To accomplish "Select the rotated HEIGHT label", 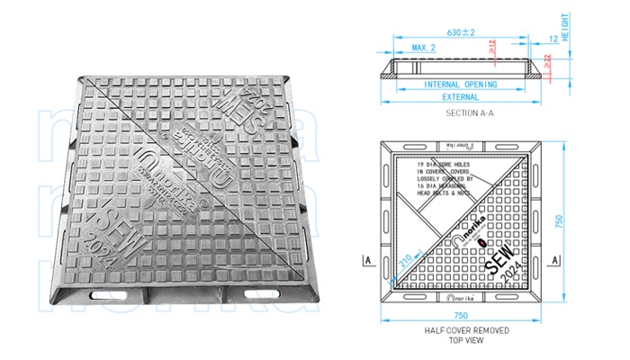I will point(566,28).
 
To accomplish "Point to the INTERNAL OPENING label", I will point(461,84).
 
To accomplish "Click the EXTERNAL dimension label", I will point(461,96).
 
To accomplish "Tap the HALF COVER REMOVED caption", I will point(467,330).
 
